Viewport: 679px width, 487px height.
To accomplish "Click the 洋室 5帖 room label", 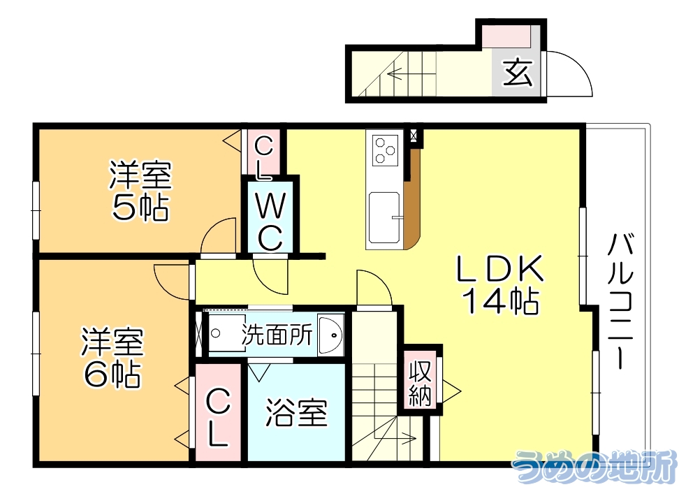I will pyautogui.click(x=140, y=190).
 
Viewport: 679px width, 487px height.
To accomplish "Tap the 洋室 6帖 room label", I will pyautogui.click(x=112, y=358).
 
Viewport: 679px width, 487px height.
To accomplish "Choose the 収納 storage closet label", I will pyautogui.click(x=419, y=384).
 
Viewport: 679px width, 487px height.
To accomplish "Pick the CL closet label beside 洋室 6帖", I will pyautogui.click(x=217, y=418).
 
